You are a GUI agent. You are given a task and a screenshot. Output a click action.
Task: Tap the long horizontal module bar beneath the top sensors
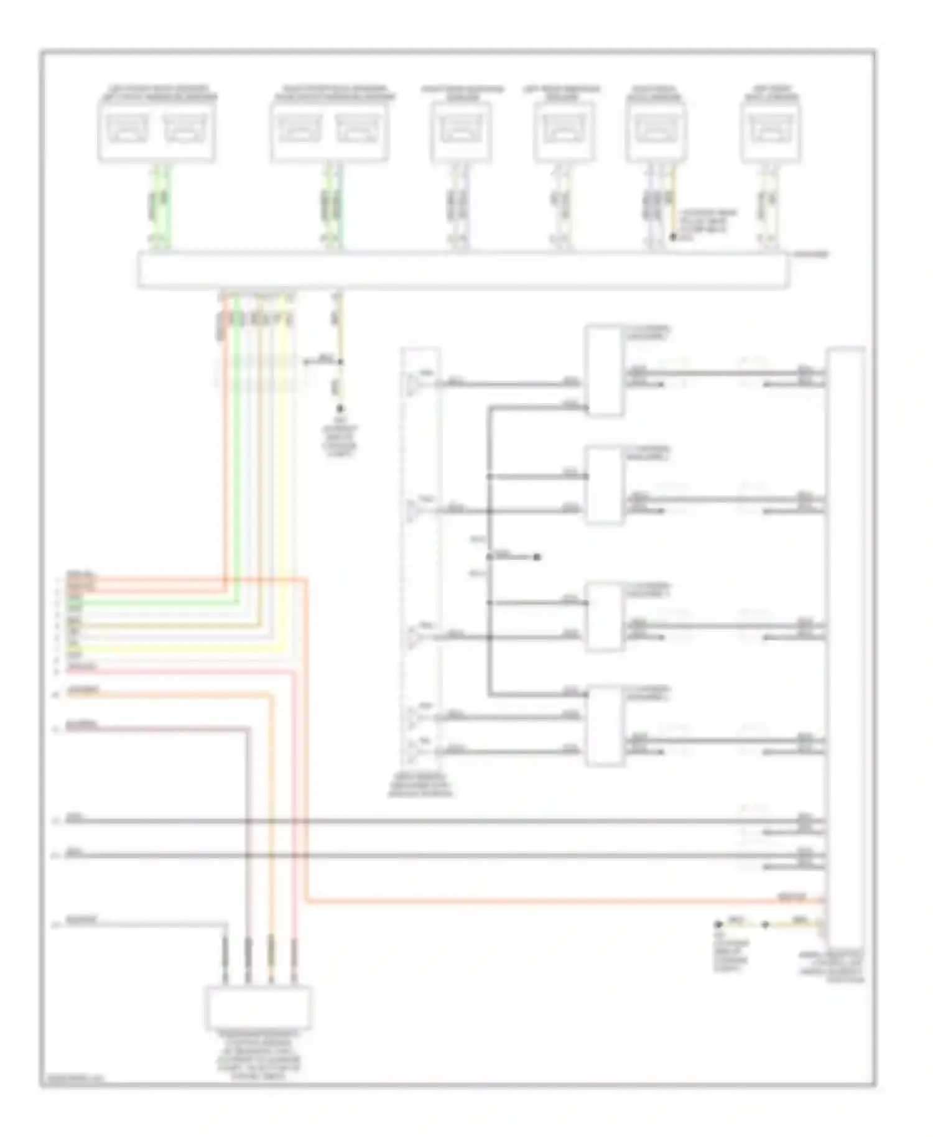(463, 271)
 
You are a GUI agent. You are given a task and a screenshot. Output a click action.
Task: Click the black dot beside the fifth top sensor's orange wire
(672, 237)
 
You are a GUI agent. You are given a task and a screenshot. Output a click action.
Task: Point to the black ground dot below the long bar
(340, 409)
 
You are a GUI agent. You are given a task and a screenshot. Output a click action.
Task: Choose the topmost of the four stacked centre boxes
(604, 371)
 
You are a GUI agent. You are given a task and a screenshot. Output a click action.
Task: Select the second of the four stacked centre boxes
(604, 486)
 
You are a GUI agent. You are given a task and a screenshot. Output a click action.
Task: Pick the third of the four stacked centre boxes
(604, 616)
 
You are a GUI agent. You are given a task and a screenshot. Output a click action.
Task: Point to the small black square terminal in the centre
(537, 557)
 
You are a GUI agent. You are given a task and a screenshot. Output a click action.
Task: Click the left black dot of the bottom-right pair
(717, 924)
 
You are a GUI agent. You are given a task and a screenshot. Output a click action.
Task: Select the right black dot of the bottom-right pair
(766, 924)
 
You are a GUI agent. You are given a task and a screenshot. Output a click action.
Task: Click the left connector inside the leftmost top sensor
(128, 129)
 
